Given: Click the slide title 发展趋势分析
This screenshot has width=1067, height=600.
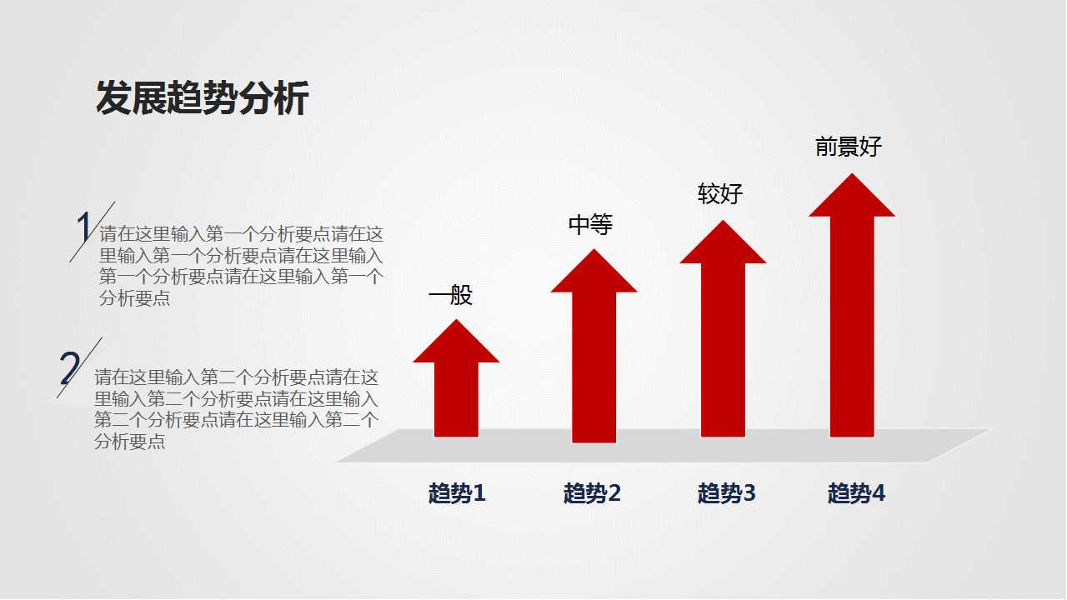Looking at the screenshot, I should pyautogui.click(x=203, y=98).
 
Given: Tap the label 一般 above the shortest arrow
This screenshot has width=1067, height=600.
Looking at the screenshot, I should pyautogui.click(x=450, y=295).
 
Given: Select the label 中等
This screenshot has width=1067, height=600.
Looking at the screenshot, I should pyautogui.click(x=590, y=224).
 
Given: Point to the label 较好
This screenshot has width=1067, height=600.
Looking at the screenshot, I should pyautogui.click(x=719, y=194).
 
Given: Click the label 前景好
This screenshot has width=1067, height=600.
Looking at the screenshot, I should pyautogui.click(x=848, y=147).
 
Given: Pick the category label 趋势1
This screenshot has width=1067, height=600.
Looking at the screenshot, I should pyautogui.click(x=457, y=493).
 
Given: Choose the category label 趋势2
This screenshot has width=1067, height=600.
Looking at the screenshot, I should pyautogui.click(x=592, y=493).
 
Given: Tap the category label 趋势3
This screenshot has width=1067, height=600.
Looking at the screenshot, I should pyautogui.click(x=726, y=493).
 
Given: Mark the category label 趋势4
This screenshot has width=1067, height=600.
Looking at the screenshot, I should pyautogui.click(x=856, y=493).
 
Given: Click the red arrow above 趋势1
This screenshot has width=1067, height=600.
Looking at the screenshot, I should pyautogui.click(x=456, y=392).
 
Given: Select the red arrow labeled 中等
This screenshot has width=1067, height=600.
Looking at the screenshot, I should pyautogui.click(x=594, y=358).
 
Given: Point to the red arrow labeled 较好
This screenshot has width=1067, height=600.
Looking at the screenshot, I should pyautogui.click(x=723, y=342).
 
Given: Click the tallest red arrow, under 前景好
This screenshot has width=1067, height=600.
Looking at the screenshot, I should pyautogui.click(x=852, y=317).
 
